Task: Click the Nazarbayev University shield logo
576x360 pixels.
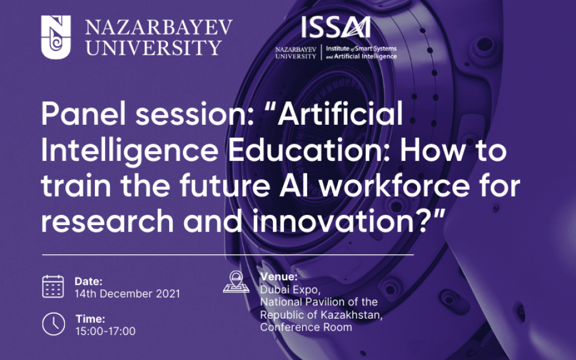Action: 56,38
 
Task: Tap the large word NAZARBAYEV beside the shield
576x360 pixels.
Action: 159,26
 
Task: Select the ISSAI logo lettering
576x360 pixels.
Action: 335,27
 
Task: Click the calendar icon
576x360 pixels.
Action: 53,286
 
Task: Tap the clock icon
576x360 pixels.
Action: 53,324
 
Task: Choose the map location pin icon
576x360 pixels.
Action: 236,281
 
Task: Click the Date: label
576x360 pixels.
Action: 89,281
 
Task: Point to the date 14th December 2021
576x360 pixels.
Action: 127,294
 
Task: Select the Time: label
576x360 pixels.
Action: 90,319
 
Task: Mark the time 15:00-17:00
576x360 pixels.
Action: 106,331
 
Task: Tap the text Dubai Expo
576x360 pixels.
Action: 284,289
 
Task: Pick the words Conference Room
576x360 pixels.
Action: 305,327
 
